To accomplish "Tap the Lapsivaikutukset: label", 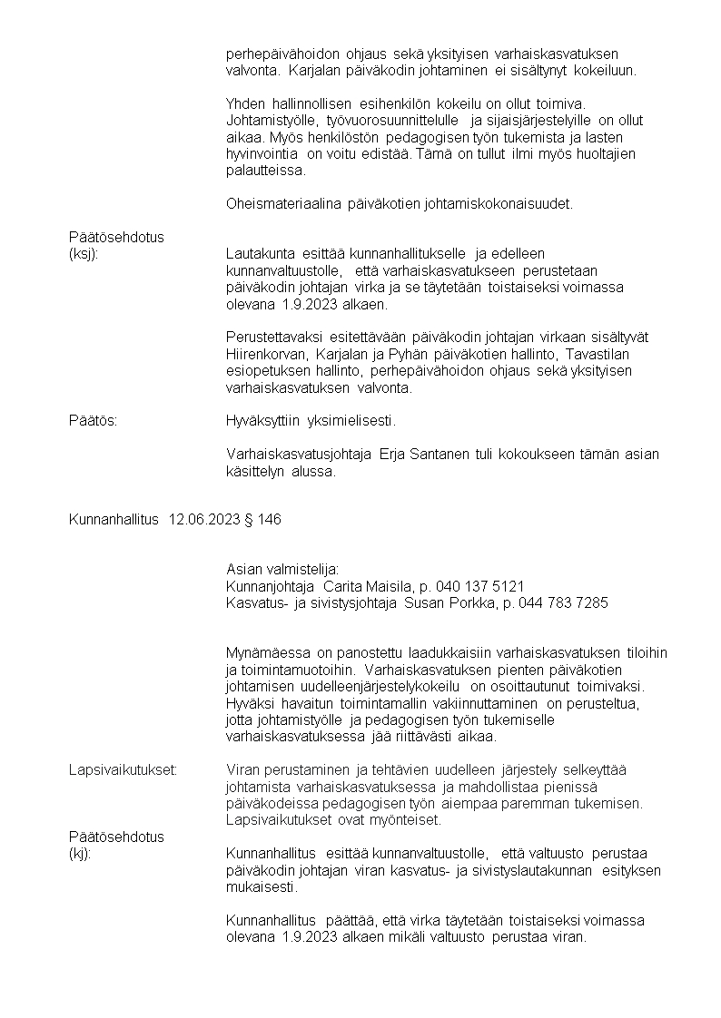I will pyautogui.click(x=123, y=770).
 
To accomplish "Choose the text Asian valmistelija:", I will pyautogui.click(x=281, y=570).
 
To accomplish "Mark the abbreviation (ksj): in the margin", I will pyautogui.click(x=84, y=254).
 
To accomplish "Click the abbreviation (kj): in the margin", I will pyautogui.click(x=80, y=855).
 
